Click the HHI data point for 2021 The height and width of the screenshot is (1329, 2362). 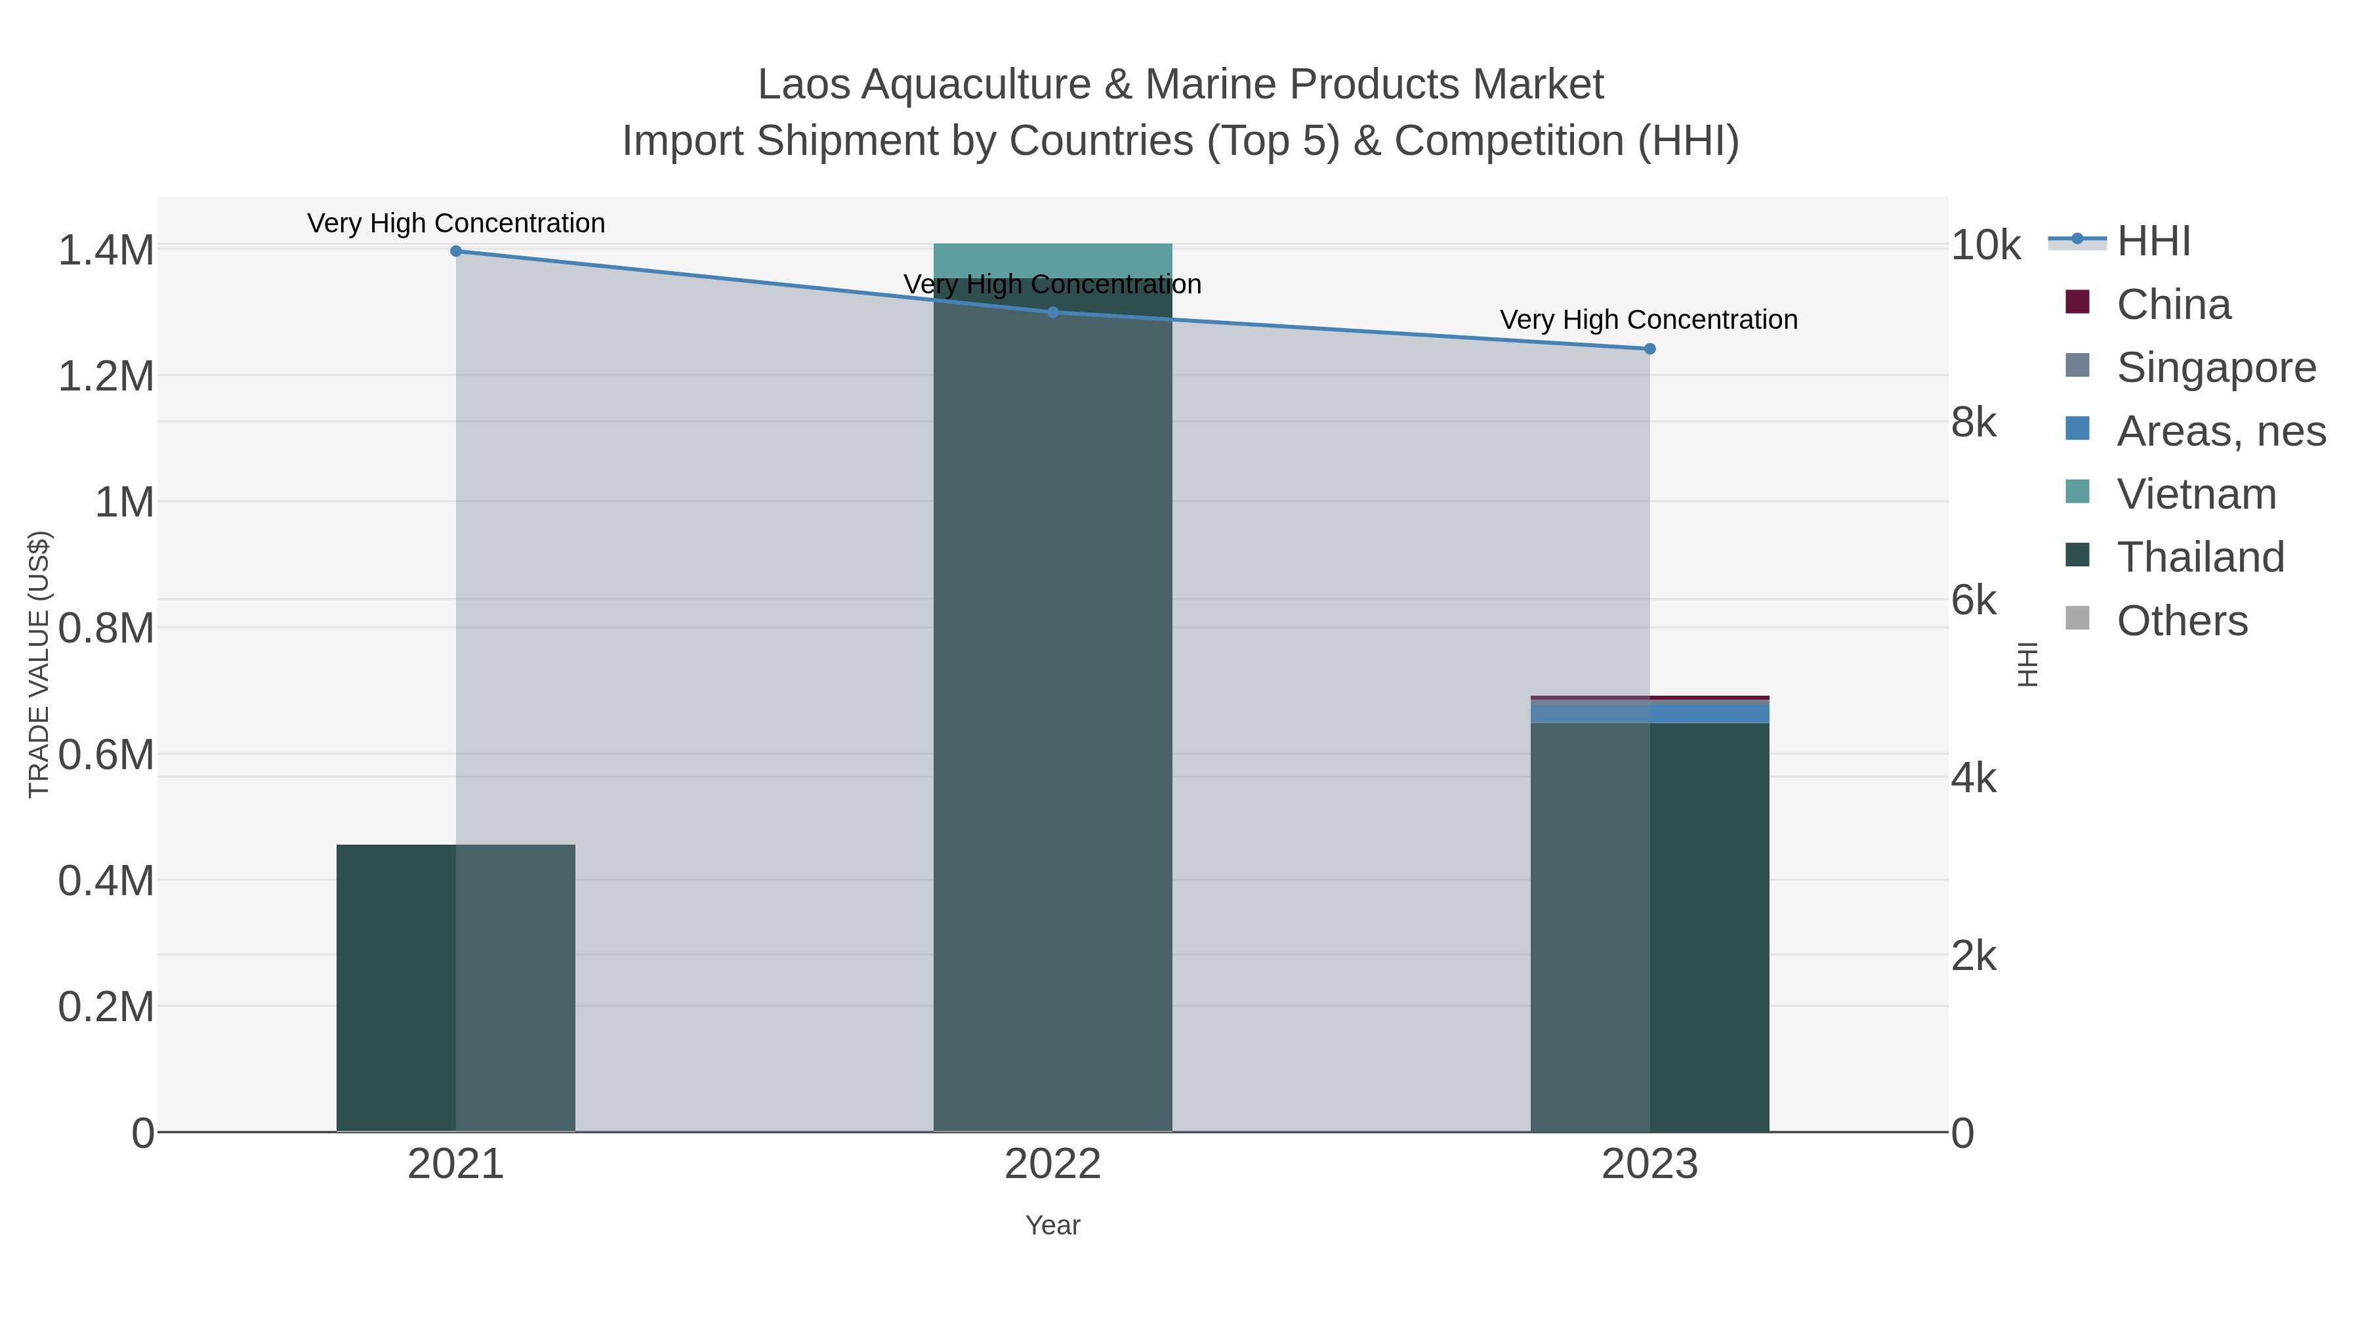pyautogui.click(x=456, y=251)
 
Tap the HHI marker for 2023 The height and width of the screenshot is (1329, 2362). pyautogui.click(x=1649, y=348)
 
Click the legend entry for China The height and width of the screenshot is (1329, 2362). pyautogui.click(x=2173, y=305)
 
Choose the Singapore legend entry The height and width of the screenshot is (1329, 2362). pyautogui.click(x=2215, y=368)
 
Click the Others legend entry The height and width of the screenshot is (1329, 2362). pyautogui.click(x=2182, y=621)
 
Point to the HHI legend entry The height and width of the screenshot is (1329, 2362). pyautogui.click(x=2152, y=242)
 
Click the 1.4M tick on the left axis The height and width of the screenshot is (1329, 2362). pyautogui.click(x=106, y=251)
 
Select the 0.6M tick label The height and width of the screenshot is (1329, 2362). pyautogui.click(x=106, y=756)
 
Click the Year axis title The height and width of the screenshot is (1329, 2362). pyautogui.click(x=1052, y=1225)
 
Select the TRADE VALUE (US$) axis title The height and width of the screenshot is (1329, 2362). pyautogui.click(x=39, y=664)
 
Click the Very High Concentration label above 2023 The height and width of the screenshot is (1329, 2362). pyautogui.click(x=1647, y=320)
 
